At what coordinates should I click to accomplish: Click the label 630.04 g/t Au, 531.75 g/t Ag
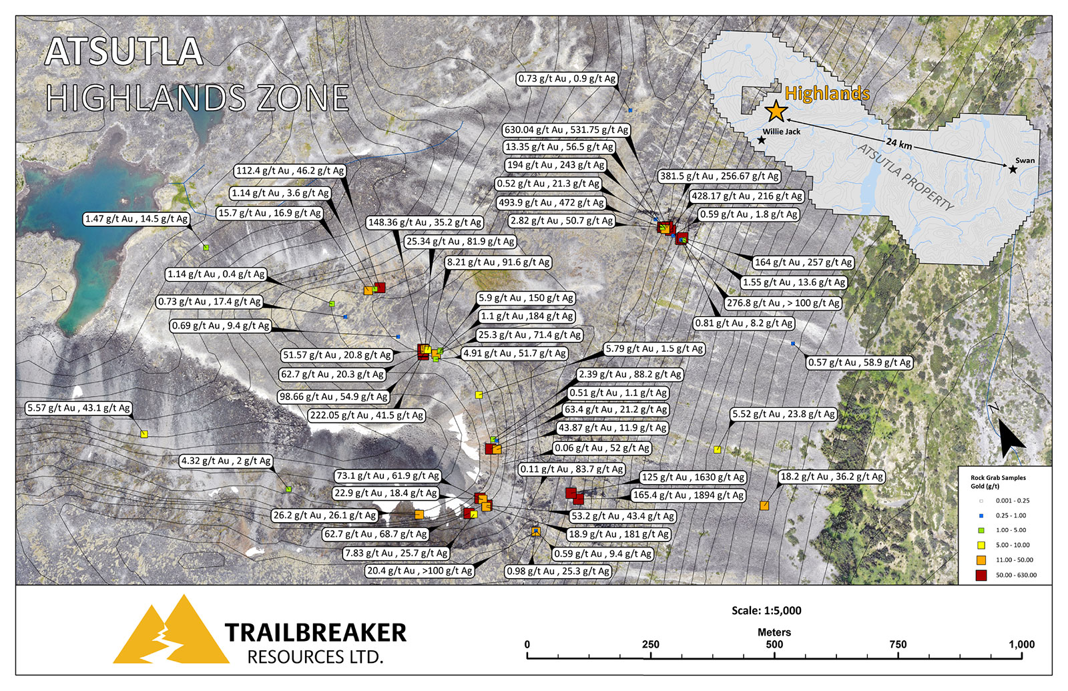coord(567,130)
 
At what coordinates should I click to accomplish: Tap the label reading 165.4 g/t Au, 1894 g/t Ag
coord(688,495)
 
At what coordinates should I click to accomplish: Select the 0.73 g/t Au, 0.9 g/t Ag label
coord(567,79)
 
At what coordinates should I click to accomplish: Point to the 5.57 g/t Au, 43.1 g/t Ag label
coord(79,408)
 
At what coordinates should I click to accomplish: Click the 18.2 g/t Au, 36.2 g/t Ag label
coord(832,477)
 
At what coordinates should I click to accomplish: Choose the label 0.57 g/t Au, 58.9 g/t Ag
coord(859,363)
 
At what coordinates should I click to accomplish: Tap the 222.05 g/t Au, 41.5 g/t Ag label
coord(366,415)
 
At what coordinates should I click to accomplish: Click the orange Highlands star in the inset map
coord(775,111)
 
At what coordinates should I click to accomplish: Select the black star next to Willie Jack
coord(762,140)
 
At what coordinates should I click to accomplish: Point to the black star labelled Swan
coord(1013,170)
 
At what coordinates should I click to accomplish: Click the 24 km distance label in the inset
coord(899,143)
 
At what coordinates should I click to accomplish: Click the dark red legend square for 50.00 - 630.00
coord(981,575)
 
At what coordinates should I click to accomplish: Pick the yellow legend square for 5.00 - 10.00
coord(981,545)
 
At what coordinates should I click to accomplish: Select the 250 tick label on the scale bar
coord(650,644)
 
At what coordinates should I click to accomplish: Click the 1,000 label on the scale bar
coord(1021,644)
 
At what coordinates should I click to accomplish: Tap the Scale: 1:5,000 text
coord(766,610)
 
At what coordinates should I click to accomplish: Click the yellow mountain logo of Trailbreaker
coord(171,631)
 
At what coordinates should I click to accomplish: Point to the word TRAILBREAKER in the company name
coord(315,632)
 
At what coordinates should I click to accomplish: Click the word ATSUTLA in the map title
coord(123,52)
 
